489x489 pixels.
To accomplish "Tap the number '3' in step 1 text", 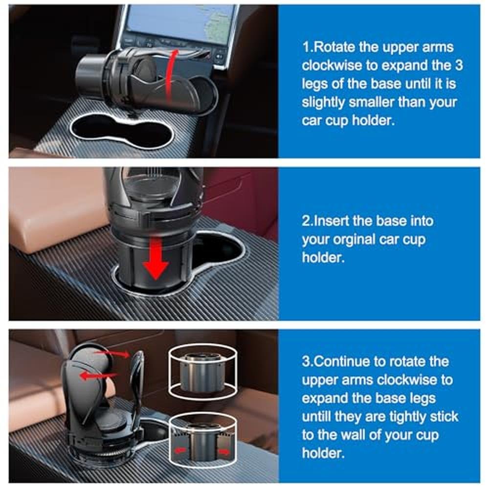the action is tap(458, 65).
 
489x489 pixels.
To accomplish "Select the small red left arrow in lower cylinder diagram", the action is tap(180, 450).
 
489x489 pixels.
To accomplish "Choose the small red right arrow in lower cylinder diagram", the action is tap(224, 451).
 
